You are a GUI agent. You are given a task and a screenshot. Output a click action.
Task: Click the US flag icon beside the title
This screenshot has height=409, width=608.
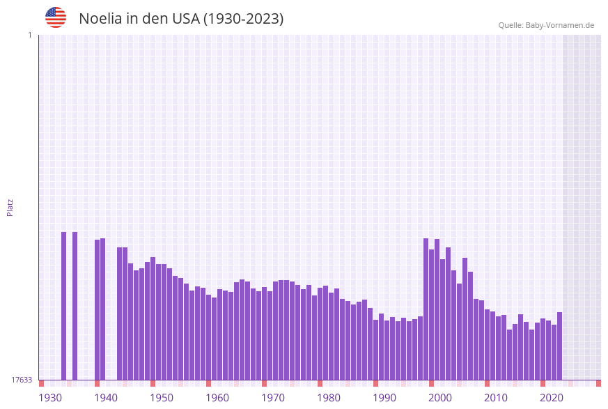point(56,17)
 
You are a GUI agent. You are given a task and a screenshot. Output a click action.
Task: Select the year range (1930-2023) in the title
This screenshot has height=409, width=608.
point(243,19)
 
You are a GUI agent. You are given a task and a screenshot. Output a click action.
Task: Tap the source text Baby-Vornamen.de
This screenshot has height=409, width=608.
point(561,25)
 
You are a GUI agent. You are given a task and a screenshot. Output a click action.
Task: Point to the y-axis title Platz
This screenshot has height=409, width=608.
point(10,207)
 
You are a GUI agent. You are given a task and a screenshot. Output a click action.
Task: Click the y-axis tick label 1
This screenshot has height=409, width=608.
point(29,35)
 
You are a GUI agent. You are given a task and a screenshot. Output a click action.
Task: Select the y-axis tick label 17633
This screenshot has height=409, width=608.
point(22,380)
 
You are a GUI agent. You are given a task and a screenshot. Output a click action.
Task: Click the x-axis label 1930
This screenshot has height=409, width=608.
point(50,398)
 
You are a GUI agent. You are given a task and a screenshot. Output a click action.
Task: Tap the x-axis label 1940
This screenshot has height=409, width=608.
point(106,398)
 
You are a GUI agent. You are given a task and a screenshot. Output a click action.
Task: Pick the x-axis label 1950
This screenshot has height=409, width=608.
point(162,398)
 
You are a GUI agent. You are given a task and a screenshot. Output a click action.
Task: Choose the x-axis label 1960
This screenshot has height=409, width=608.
point(217,398)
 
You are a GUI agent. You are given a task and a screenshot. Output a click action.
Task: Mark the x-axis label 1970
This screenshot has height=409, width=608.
point(273,398)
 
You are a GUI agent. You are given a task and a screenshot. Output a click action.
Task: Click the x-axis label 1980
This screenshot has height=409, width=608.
point(329,398)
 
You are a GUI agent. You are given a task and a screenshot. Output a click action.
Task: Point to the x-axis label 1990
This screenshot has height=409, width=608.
point(384,398)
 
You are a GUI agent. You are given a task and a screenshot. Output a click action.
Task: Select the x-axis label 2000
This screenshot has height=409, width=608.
point(440,398)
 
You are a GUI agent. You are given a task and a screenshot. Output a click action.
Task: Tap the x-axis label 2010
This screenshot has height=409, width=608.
point(496,398)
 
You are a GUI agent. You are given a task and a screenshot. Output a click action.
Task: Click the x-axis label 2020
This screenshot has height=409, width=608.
point(552,398)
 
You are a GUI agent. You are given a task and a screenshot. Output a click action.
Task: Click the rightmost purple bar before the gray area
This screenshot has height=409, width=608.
point(559,346)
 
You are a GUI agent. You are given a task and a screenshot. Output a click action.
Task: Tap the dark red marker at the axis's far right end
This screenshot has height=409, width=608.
point(598,383)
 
